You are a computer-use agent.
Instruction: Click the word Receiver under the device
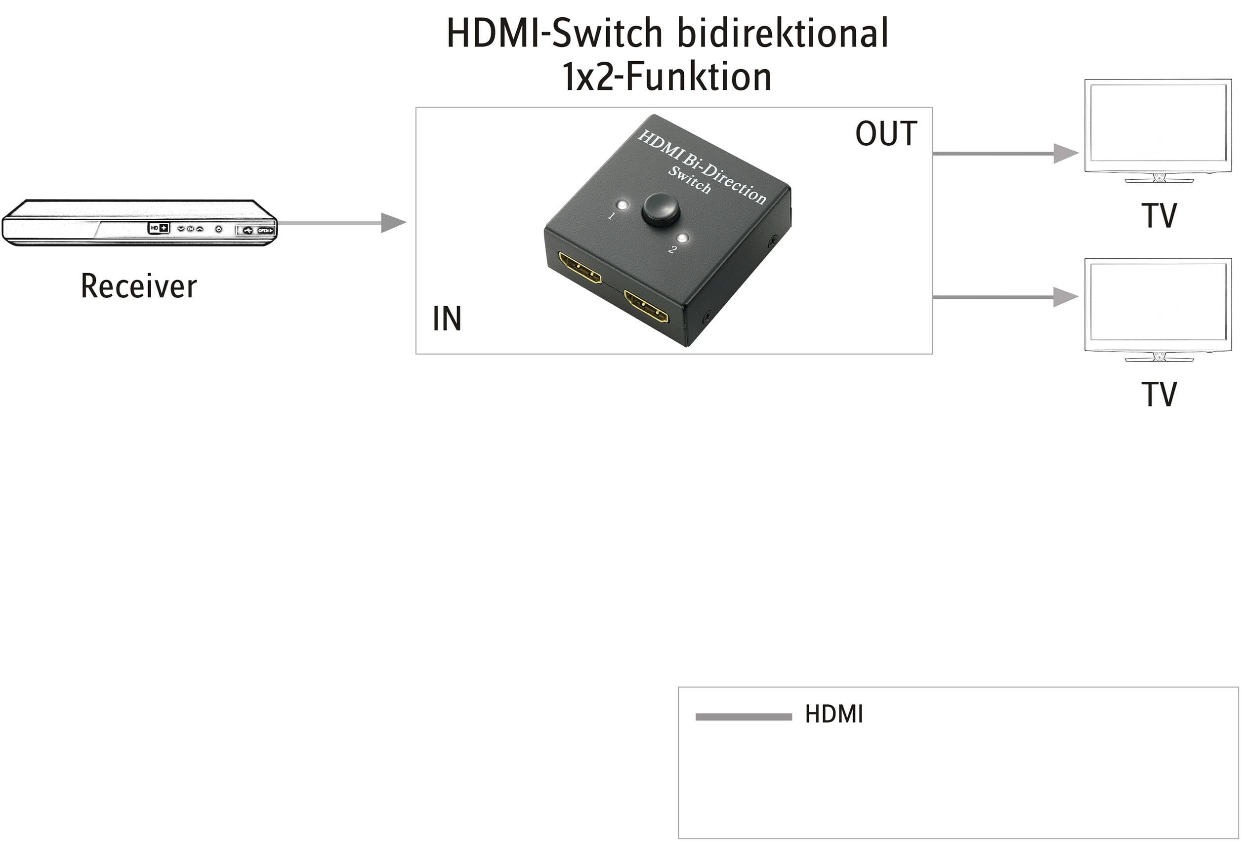[x=139, y=286]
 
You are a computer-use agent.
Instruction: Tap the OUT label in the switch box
[x=885, y=133]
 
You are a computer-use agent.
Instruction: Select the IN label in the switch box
[x=447, y=319]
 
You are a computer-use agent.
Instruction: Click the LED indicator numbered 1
[x=622, y=205]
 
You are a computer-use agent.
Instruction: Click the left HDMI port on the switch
[x=580, y=269]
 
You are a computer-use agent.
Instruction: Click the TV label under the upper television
[x=1159, y=216]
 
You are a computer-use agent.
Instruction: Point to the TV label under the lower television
[x=1159, y=395]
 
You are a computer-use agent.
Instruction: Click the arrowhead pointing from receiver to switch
[x=393, y=223]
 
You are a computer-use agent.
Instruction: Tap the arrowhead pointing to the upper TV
[x=1065, y=154]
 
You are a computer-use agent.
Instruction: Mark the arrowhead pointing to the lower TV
[x=1065, y=297]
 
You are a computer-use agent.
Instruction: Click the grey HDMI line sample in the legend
[x=743, y=717]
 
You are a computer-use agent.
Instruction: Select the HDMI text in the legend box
[x=833, y=714]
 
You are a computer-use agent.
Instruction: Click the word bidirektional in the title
[x=783, y=33]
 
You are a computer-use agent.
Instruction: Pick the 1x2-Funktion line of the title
[x=667, y=77]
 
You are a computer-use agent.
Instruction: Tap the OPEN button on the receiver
[x=265, y=230]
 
